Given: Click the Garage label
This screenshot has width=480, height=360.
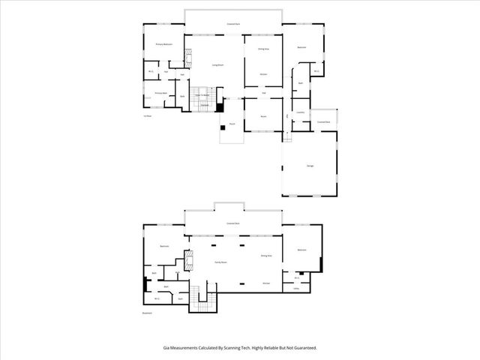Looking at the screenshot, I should [x=310, y=166].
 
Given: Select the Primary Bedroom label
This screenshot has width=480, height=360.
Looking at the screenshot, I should [x=164, y=45].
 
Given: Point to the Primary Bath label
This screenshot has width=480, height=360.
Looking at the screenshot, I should [x=160, y=93].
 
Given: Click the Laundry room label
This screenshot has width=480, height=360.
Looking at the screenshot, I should [x=301, y=112].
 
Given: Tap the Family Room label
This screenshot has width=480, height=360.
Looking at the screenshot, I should [x=221, y=262].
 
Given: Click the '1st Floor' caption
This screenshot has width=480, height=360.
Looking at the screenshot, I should [x=148, y=116].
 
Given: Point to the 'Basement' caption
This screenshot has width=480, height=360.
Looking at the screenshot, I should [x=147, y=313].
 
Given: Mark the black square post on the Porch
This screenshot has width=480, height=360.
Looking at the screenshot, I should [x=223, y=127].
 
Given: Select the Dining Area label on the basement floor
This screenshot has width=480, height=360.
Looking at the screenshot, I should [x=265, y=256].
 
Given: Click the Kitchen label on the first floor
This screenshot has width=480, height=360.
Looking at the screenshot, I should [x=264, y=75].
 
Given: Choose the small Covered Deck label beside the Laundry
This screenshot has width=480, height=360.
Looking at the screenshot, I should [x=324, y=121].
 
